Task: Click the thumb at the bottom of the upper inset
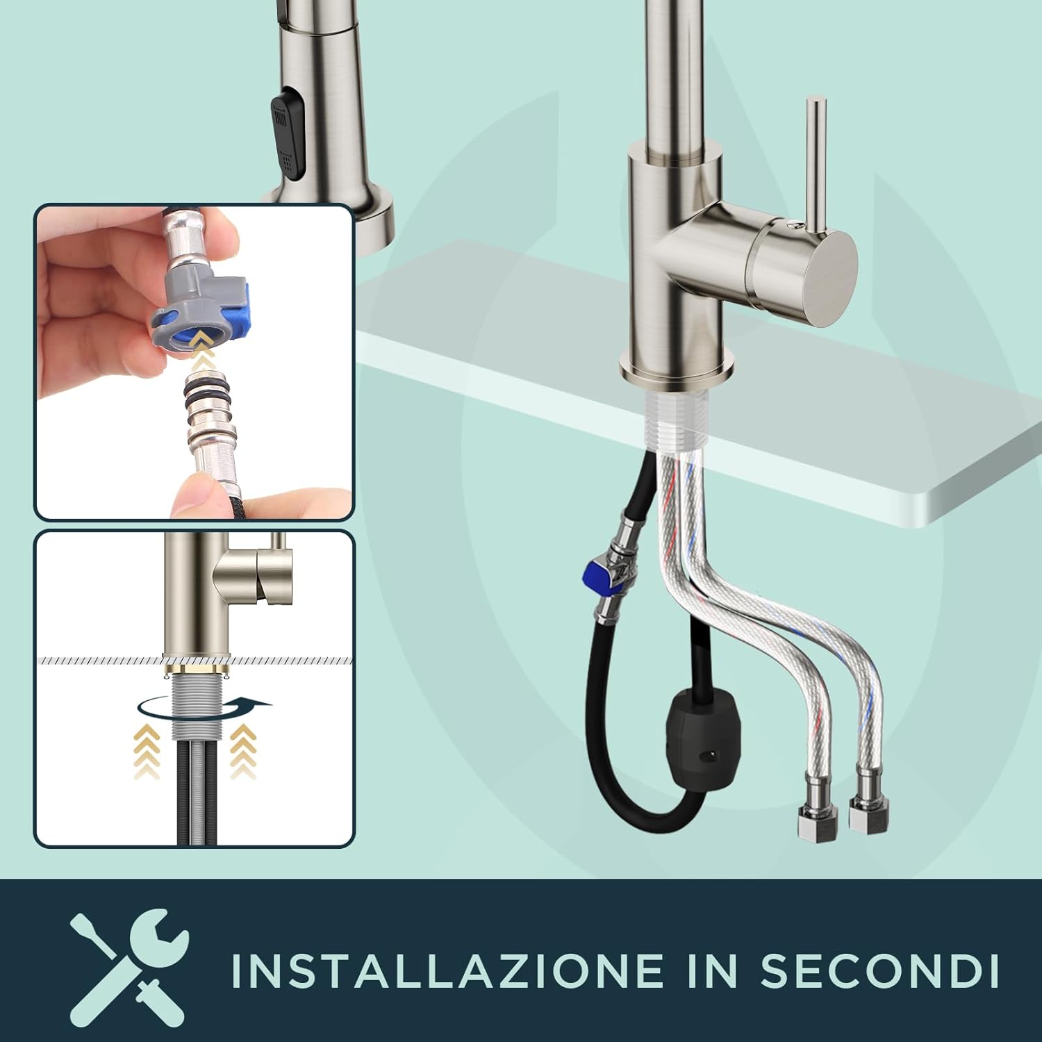(198, 497)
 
